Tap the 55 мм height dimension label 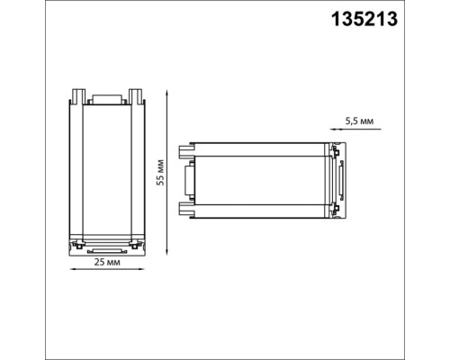(x=159, y=170)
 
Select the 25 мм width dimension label (x=107, y=263)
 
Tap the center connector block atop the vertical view (x=107, y=98)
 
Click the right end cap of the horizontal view (x=339, y=177)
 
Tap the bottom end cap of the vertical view (x=107, y=244)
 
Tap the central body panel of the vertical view (x=107, y=171)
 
